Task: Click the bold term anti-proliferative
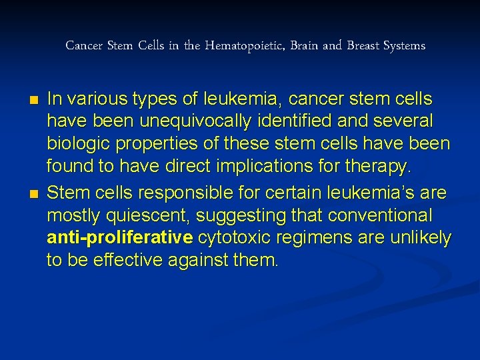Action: tap(120, 238)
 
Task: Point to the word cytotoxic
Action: tap(230, 238)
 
